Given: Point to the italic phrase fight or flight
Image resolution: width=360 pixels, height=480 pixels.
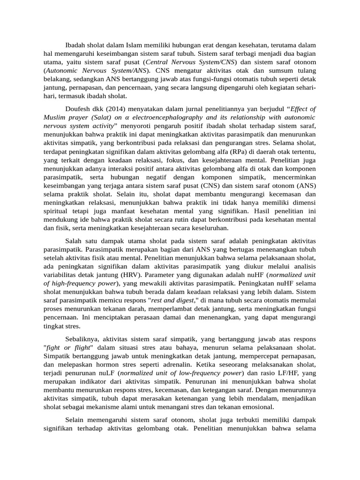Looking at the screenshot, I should click(67, 347).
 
